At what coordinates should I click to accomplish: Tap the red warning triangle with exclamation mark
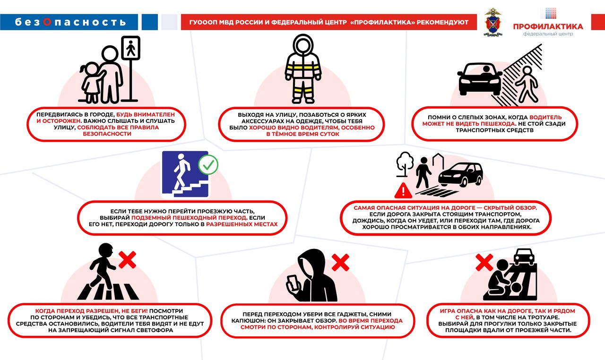click(x=403, y=190)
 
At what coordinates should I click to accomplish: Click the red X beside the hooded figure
click(x=340, y=263)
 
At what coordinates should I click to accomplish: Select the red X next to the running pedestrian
click(x=127, y=260)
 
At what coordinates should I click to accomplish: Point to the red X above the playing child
click(x=484, y=262)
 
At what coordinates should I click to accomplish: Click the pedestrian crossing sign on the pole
click(x=130, y=48)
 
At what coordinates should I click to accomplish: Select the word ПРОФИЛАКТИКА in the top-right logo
click(x=548, y=26)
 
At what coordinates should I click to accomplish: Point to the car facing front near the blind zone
click(x=480, y=78)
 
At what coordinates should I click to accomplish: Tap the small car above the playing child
click(x=524, y=257)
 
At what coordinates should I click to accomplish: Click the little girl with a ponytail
click(x=90, y=82)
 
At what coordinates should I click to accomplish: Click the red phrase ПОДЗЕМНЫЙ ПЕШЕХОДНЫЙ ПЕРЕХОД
click(x=189, y=218)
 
